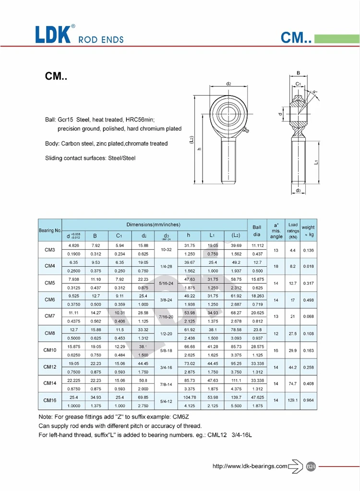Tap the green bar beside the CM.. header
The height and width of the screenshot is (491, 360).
coord(336,38)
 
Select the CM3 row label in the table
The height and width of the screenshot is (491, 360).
coord(50,250)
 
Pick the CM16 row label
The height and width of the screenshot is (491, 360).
coord(50,400)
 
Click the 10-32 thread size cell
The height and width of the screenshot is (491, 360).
coord(167,250)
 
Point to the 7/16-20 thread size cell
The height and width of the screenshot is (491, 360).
coord(167,317)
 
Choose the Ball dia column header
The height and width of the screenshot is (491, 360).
coord(257,231)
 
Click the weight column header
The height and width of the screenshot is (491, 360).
coord(308,231)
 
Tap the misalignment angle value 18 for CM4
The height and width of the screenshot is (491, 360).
coord(276,267)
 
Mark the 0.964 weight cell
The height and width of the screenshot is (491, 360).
coord(308,400)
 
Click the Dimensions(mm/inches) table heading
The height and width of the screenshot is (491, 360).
coord(153,224)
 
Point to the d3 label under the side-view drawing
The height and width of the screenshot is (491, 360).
coord(298,191)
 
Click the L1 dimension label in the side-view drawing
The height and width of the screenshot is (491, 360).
coord(316,163)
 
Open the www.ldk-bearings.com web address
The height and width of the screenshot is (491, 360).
coord(250,466)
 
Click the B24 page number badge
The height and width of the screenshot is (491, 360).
coord(311,466)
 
